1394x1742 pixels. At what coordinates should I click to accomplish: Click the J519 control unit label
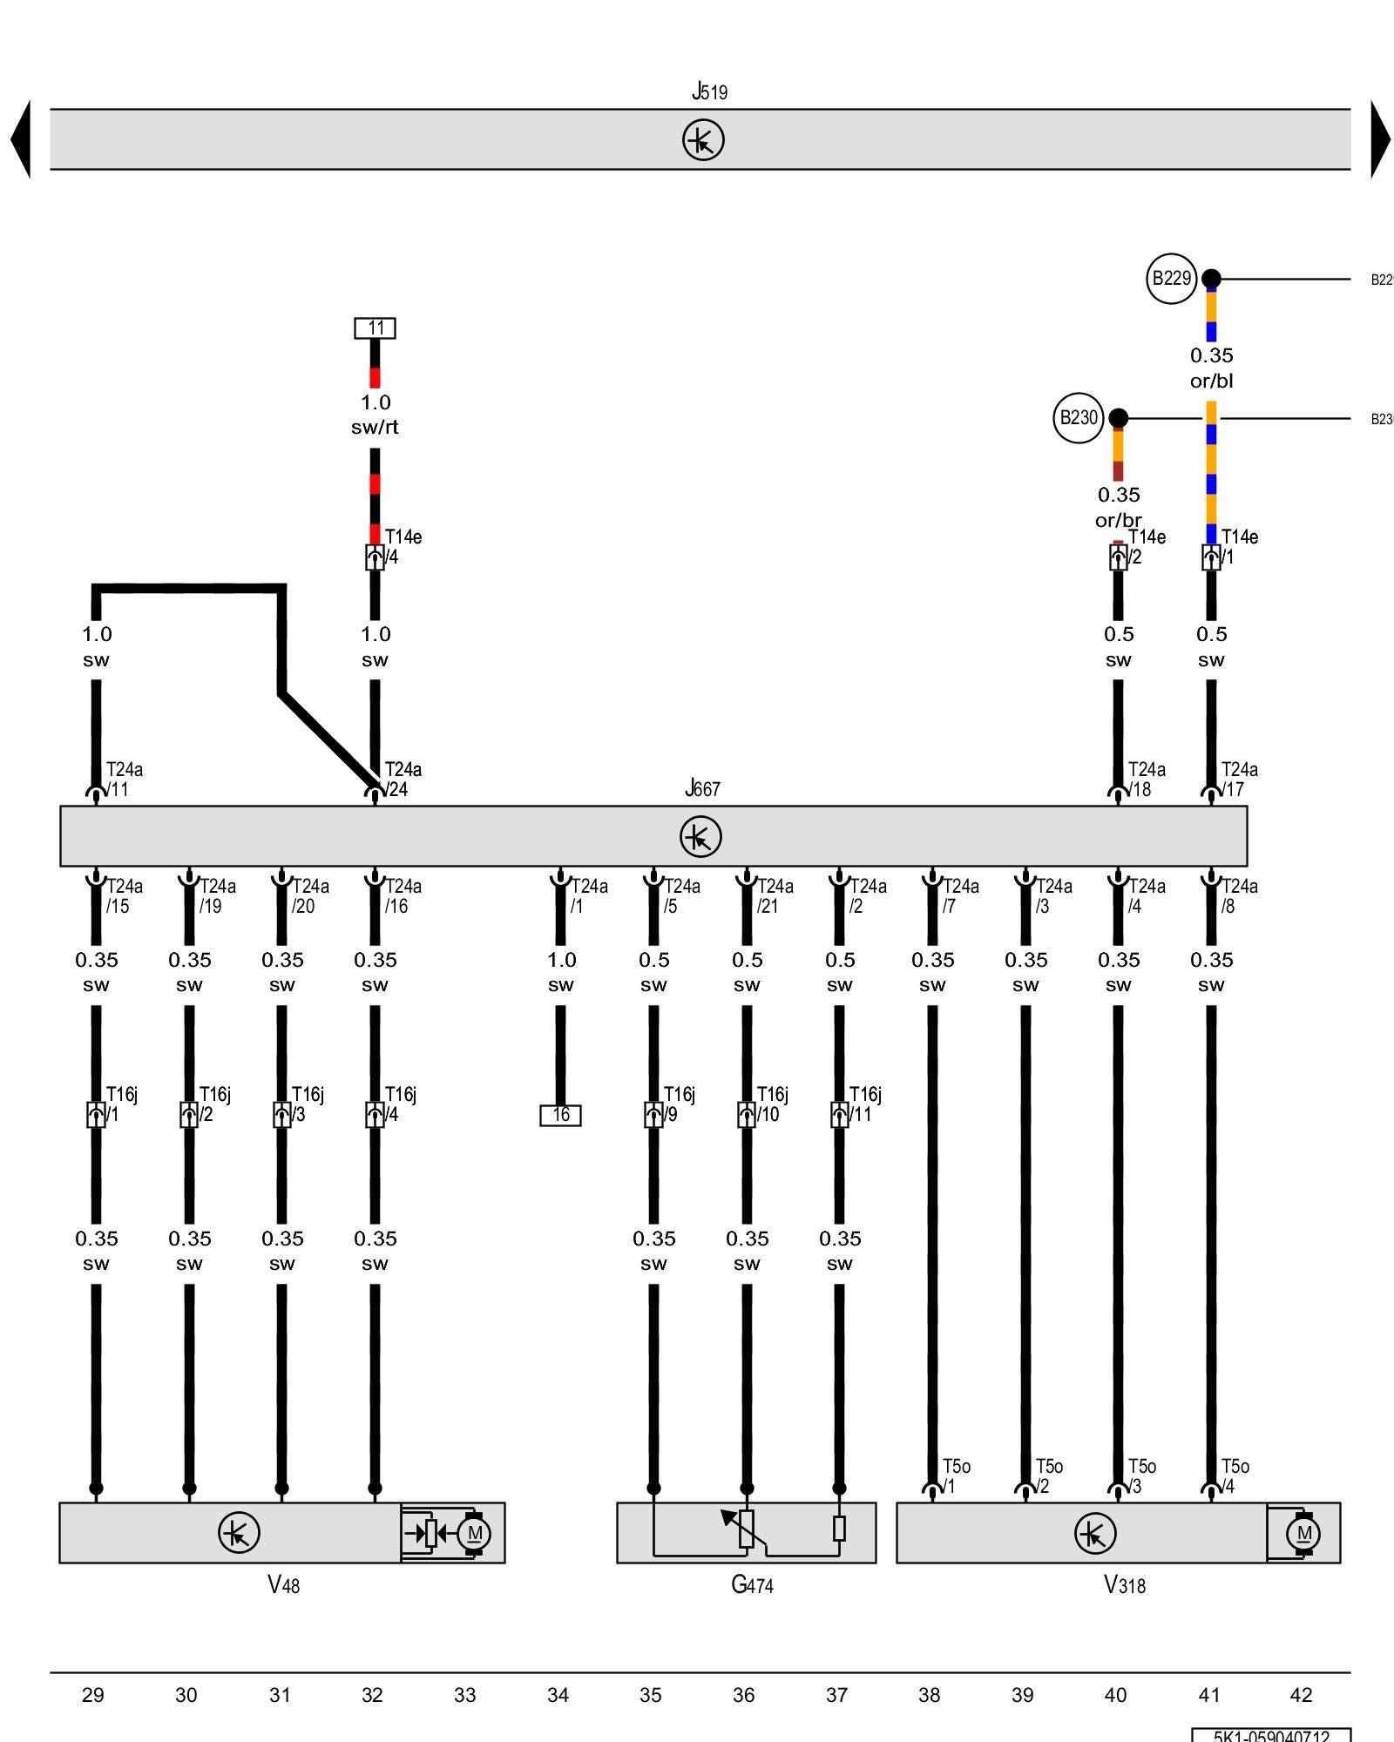coord(709,91)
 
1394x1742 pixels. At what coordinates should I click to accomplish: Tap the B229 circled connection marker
coord(1171,279)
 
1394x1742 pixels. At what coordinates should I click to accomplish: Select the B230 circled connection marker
coord(1079,418)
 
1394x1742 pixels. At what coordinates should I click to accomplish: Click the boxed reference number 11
coord(375,328)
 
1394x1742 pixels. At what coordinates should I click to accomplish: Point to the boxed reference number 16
coord(560,1115)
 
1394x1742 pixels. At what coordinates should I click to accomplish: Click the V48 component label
coord(283,1584)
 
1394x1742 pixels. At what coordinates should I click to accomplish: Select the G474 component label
coord(752,1584)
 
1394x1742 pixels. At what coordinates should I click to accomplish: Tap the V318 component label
coord(1124,1584)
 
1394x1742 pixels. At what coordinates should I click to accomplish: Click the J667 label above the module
coord(702,788)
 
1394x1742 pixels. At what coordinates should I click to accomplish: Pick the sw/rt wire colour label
coord(375,427)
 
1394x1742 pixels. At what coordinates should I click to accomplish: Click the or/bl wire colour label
coord(1211,381)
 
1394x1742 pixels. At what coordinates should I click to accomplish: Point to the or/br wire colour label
coord(1118,520)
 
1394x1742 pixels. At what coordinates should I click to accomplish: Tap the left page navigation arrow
coord(21,139)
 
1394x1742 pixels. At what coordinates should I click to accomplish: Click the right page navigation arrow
coord(1380,139)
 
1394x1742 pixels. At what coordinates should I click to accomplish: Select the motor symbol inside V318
coord(1303,1534)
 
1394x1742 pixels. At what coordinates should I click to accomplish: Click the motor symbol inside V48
coord(474,1534)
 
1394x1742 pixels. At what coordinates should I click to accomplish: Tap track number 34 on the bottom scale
coord(558,1695)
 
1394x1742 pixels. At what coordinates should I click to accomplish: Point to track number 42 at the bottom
coord(1300,1695)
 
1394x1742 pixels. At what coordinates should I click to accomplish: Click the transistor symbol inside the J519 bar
coord(703,140)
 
